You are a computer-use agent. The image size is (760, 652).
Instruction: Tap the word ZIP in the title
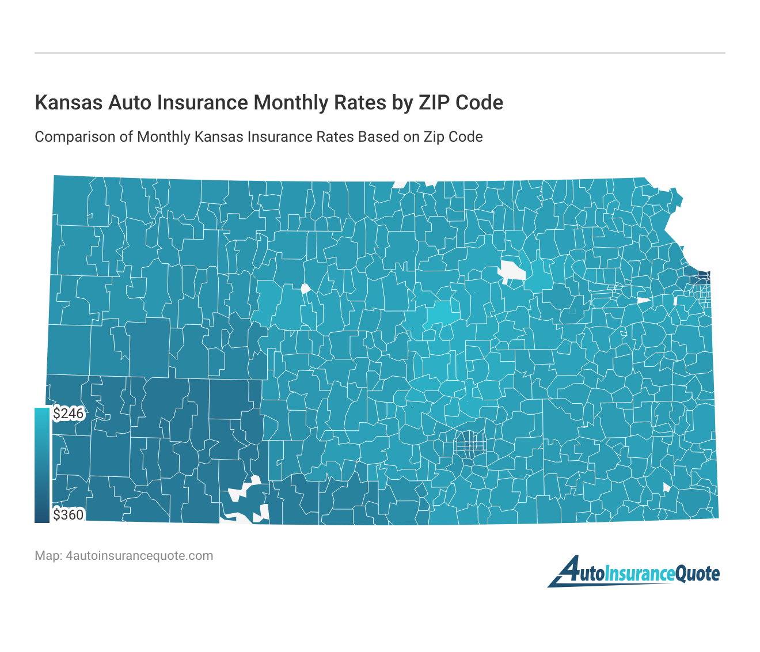pos(433,103)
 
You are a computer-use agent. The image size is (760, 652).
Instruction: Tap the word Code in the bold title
pos(479,103)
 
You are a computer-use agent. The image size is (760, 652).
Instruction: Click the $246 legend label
pos(69,414)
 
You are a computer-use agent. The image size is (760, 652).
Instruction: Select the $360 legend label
pos(69,514)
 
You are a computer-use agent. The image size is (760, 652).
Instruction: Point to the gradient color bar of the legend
pos(42,465)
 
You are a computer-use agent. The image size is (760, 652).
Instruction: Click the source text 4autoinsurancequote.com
pos(139,556)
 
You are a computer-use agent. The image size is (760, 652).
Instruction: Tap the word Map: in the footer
pos(48,556)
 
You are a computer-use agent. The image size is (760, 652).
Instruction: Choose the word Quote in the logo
pos(697,574)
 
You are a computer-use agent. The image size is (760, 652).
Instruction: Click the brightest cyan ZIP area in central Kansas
pos(442,313)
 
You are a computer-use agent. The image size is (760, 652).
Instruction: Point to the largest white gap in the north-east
pos(512,271)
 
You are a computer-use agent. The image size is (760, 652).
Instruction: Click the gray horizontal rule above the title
pos(380,53)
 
